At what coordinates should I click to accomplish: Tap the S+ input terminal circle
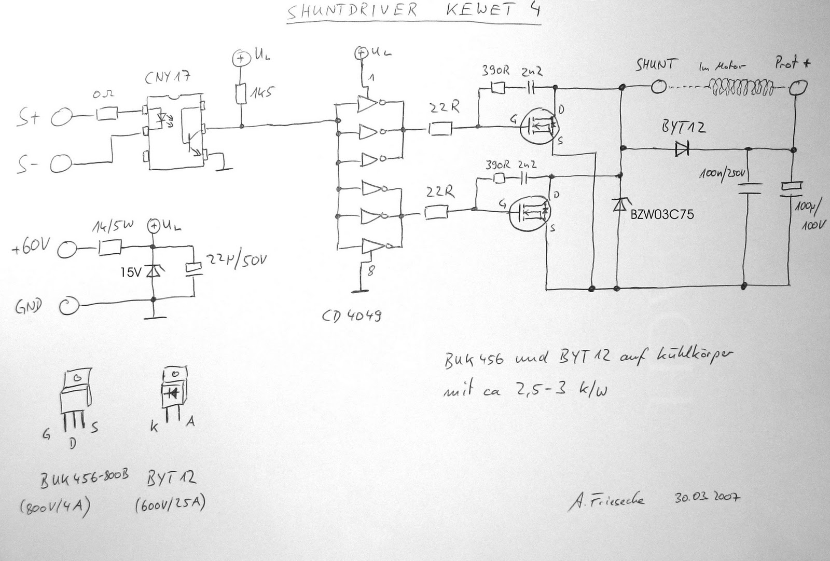62,118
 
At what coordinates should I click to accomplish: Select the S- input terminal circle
62,165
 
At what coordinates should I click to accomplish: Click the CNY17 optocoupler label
168,79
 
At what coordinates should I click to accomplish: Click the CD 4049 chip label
353,314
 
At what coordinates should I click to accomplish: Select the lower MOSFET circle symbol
530,212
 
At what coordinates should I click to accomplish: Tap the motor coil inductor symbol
740,87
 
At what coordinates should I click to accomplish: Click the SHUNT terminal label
656,65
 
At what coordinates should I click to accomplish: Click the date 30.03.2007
707,497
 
